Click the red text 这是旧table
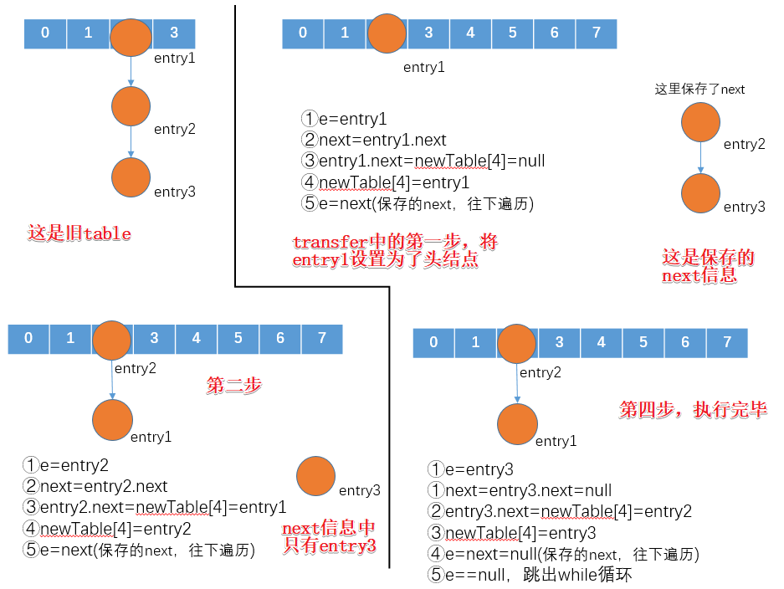tap(79, 233)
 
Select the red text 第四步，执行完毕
tap(693, 410)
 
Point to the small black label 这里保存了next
tap(699, 90)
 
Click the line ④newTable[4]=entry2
tap(107, 529)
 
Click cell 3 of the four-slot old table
tap(174, 33)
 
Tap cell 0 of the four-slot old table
tap(45, 33)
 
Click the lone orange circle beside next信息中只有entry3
tap(316, 476)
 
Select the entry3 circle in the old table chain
tap(131, 177)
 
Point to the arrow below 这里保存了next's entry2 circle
tap(701, 158)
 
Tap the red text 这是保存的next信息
tap(708, 267)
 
